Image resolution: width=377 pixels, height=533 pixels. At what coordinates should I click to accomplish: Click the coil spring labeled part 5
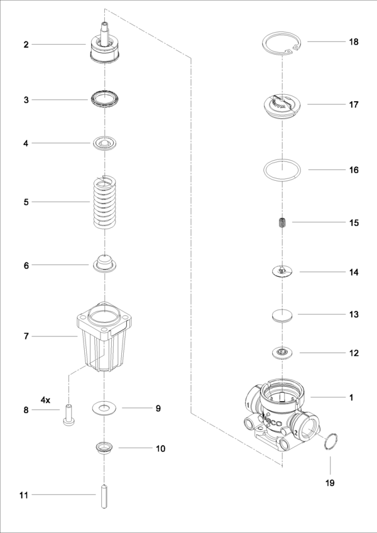(104, 202)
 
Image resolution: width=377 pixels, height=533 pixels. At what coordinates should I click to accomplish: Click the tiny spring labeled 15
(283, 222)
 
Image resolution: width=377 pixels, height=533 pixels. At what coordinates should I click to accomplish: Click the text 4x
(46, 399)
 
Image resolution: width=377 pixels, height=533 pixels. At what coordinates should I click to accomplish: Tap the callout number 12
(354, 353)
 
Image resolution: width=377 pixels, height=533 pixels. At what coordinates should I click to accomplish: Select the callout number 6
(26, 266)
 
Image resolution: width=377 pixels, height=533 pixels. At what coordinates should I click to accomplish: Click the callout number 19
(330, 483)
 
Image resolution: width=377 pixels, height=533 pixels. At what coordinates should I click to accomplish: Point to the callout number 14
(354, 272)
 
